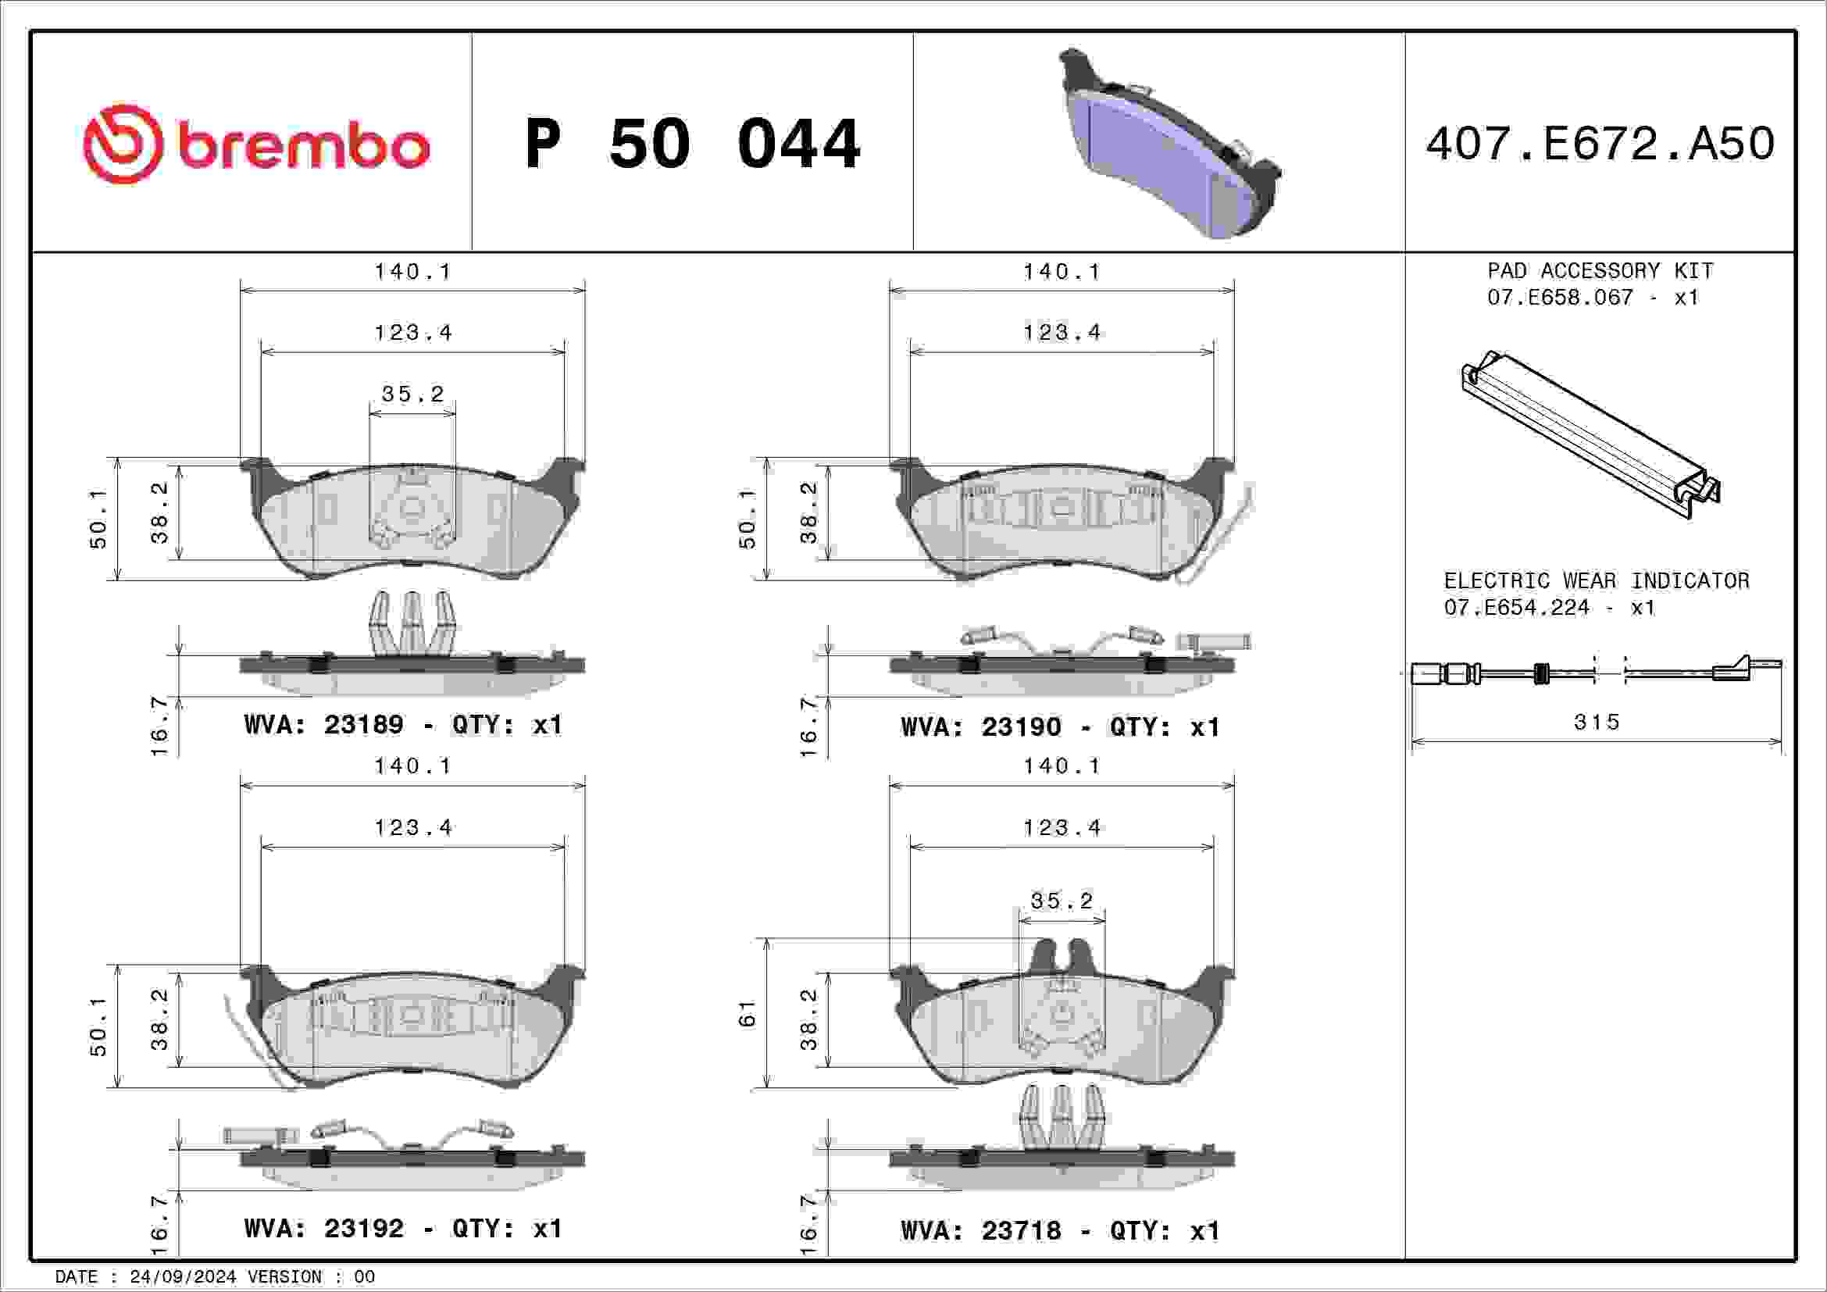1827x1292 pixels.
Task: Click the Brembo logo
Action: coord(256,144)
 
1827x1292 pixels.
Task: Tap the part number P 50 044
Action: coord(692,144)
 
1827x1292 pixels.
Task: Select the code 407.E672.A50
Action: coord(1600,144)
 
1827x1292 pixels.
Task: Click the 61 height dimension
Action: coord(748,1014)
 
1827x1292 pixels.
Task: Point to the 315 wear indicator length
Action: coord(1597,723)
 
